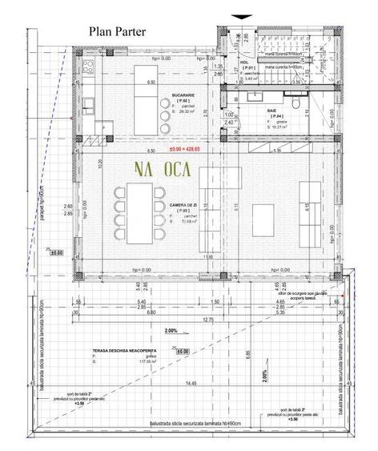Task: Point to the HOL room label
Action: (x=246, y=61)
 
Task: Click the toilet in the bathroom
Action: (x=296, y=104)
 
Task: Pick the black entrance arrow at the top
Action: (x=239, y=17)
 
